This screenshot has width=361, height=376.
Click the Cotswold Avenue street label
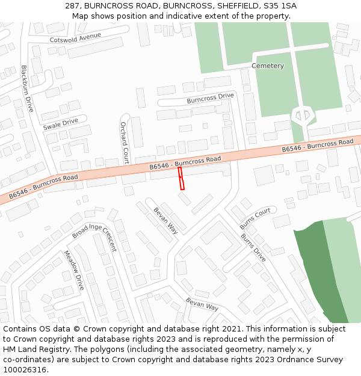(76, 37)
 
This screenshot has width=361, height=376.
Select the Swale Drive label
(61, 125)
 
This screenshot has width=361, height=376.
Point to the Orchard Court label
(125, 143)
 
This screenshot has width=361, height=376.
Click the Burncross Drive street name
(210, 98)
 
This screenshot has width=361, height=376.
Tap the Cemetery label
(268, 66)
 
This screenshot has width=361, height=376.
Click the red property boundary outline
(181, 179)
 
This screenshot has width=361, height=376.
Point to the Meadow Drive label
(74, 270)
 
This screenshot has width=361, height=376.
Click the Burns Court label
(255, 218)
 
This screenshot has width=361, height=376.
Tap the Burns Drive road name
(253, 247)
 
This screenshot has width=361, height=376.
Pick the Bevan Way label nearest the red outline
(165, 221)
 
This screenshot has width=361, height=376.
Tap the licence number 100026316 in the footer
(25, 370)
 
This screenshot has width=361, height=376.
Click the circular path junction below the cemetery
(303, 114)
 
